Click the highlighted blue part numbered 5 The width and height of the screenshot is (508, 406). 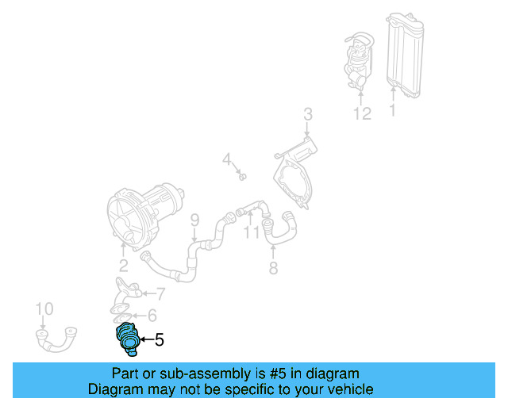(x=127, y=338)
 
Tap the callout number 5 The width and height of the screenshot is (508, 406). (x=159, y=340)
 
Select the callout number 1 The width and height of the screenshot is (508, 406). (x=392, y=111)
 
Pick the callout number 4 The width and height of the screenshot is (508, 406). (x=226, y=160)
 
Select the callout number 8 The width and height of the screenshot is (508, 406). (x=273, y=268)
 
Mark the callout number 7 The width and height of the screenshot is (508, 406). (x=160, y=294)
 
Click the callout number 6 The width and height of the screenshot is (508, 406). (x=152, y=316)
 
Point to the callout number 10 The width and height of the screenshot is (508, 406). (x=44, y=308)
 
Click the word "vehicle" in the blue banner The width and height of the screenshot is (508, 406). (x=343, y=389)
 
